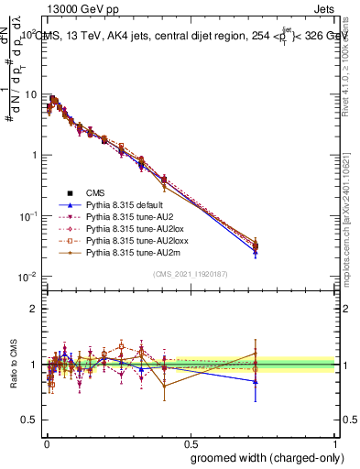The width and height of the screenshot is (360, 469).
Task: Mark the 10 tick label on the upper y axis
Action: click(30, 94)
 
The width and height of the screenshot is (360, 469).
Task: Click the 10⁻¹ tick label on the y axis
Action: click(27, 215)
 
